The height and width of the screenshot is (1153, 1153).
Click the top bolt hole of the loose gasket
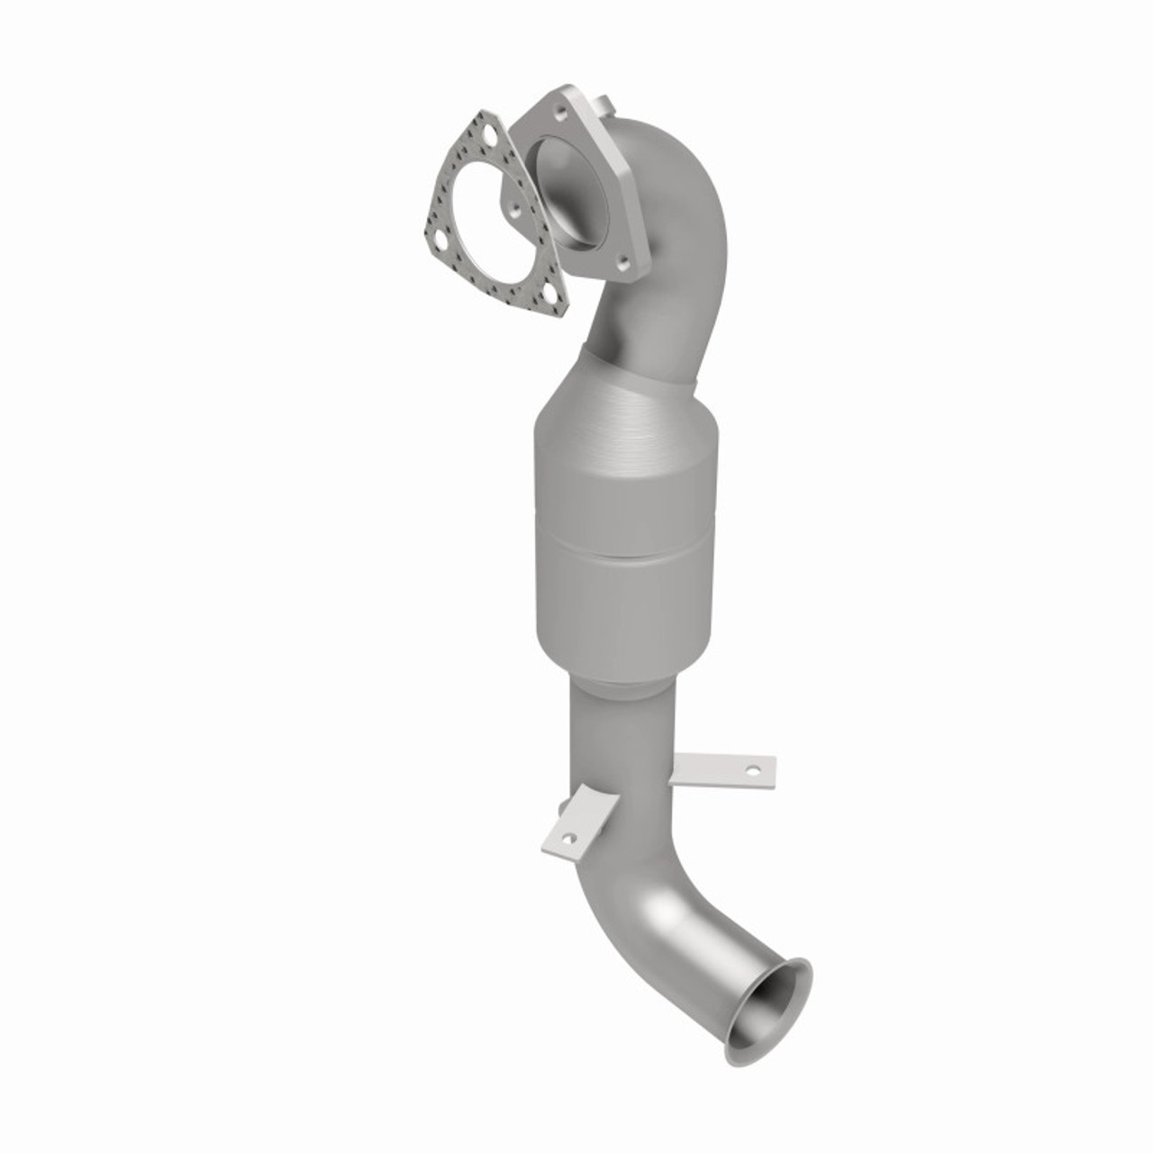point(488,137)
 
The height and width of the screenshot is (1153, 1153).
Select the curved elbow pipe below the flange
point(671,270)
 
